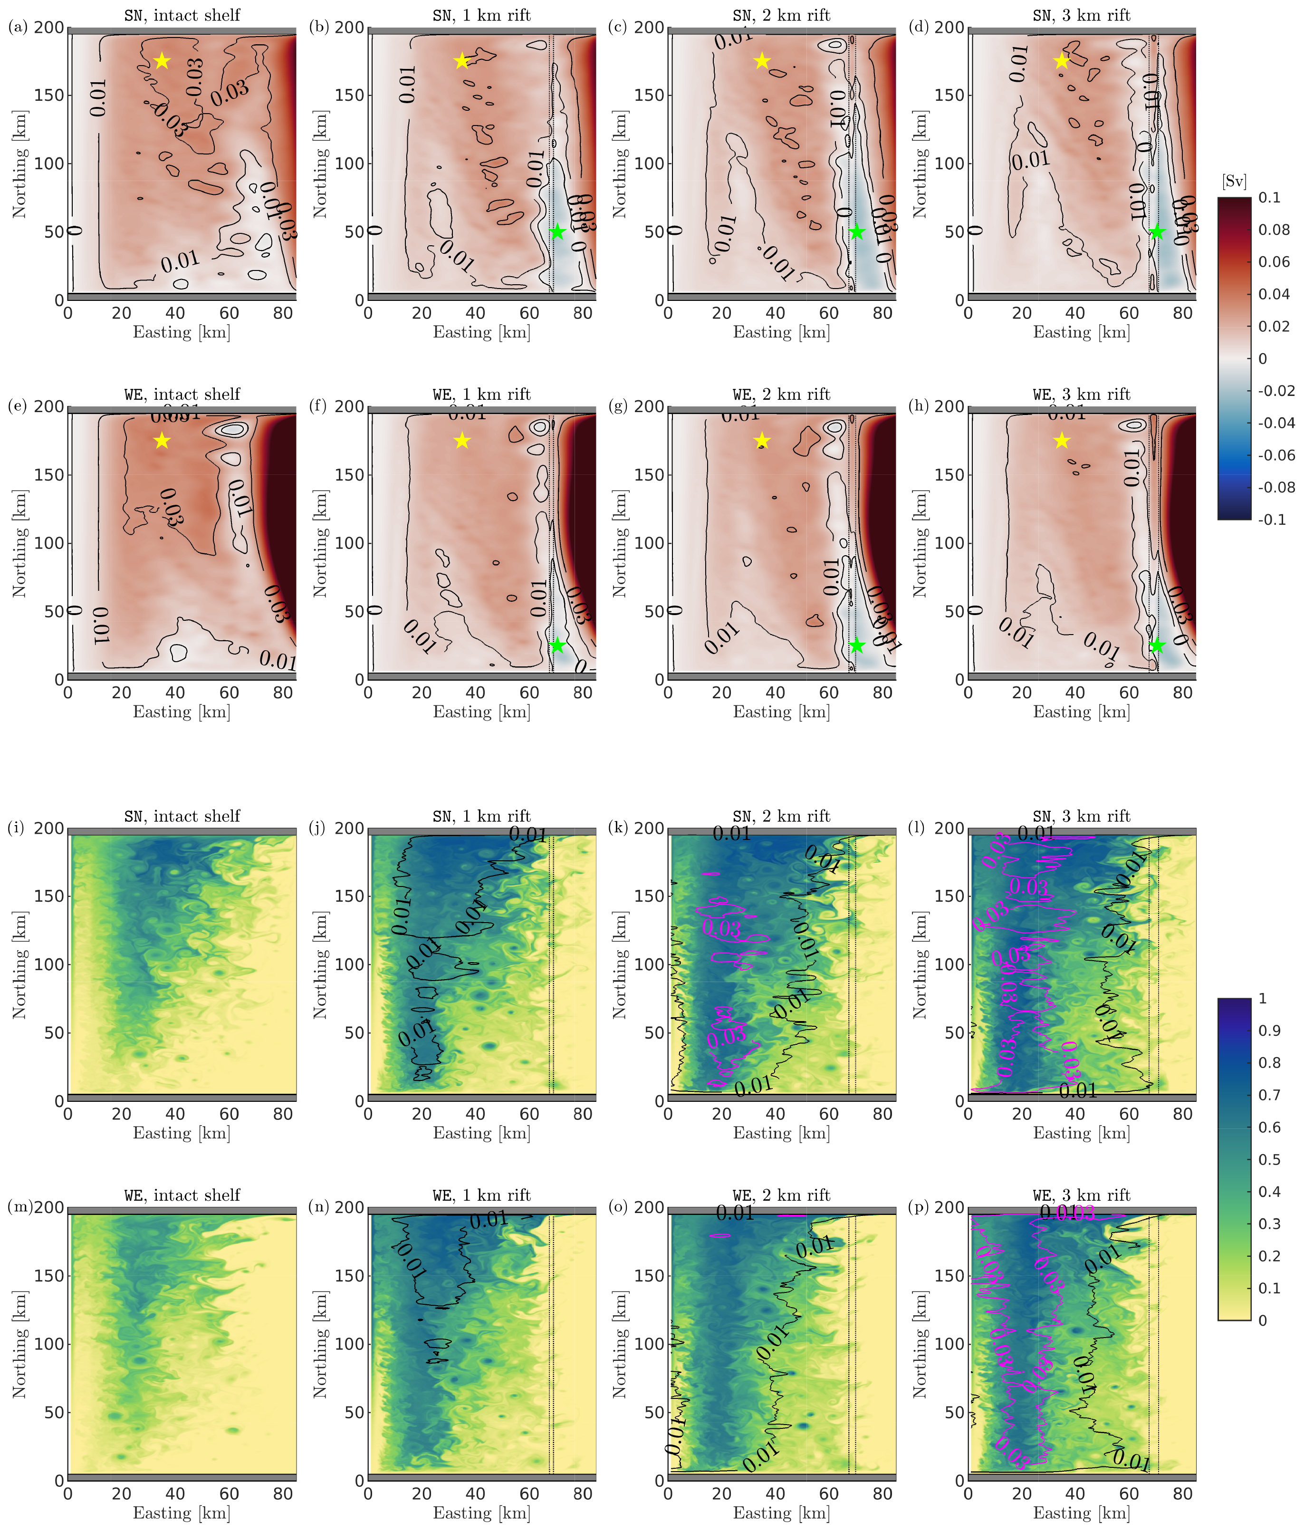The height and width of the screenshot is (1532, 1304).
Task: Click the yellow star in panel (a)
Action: [x=162, y=61]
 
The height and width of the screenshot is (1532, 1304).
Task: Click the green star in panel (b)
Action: [x=557, y=232]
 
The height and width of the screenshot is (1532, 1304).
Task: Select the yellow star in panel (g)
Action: [x=762, y=441]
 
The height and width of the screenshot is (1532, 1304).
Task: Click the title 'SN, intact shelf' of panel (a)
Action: [x=182, y=15]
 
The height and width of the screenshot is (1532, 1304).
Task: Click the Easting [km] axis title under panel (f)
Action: [x=481, y=711]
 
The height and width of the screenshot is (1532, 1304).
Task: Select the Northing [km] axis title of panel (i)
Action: [x=19, y=964]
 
